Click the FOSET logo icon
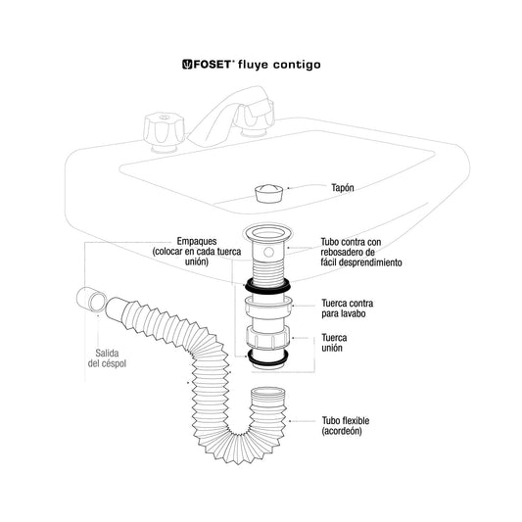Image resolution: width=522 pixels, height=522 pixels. pos(187,65)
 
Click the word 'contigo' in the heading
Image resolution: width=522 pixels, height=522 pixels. pos(297,65)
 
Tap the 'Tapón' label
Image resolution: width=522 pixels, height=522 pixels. pos(342,188)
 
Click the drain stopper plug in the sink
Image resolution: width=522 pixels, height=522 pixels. pos(269,193)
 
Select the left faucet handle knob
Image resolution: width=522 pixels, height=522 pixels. pos(164,131)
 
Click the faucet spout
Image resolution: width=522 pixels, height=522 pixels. pos(226,117)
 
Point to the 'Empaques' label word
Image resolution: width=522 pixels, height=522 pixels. pos(197,241)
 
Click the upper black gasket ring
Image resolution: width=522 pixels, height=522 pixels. pos(267,286)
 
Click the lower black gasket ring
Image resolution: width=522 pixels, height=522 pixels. pos(267,356)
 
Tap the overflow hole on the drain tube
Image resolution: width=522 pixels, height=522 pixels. pos(268,252)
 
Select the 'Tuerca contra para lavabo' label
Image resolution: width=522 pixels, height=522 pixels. pos(347,308)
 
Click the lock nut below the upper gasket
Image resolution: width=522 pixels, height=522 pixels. pos(268,305)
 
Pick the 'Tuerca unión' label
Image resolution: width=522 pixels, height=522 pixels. pos(334,343)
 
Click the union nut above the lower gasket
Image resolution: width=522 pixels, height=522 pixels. pos(268,337)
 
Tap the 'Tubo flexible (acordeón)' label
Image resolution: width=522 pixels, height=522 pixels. pos(346,426)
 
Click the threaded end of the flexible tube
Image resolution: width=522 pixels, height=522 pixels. pos(267,394)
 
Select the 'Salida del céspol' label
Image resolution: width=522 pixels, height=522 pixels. pos(107,358)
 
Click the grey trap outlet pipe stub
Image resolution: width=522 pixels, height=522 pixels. pos(91,300)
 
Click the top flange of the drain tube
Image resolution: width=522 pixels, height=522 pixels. pos(267,233)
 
